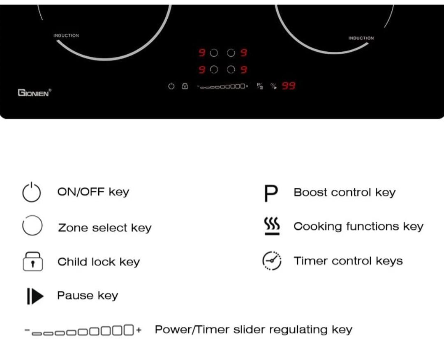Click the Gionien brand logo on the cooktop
pos(34,92)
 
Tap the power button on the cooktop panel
pos(171,86)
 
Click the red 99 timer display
pos(289,86)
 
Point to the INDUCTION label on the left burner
pos(66,36)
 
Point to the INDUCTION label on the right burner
pos(361,38)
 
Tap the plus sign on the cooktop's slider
pos(247,86)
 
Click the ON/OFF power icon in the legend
pos(32,192)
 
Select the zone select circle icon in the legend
pos(32,226)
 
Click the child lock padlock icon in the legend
pos(32,261)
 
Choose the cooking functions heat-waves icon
pos(272,226)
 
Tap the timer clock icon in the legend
pos(272,261)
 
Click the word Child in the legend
pos(69,262)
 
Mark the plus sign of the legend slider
pos(139,330)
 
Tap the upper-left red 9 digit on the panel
pos(202,53)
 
